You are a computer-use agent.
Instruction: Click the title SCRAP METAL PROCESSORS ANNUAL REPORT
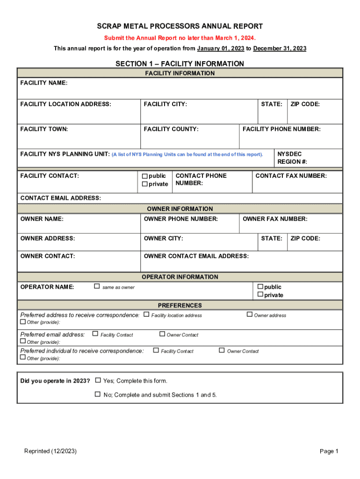[180, 27]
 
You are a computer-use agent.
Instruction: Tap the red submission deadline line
[180, 38]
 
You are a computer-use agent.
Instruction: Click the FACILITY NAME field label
[44, 83]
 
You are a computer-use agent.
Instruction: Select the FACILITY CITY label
[166, 104]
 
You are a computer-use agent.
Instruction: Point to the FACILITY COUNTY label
[171, 129]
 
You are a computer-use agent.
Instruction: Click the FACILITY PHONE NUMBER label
[281, 129]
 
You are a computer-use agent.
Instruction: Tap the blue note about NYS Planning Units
[187, 154]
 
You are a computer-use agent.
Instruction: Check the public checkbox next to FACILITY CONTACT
[145, 176]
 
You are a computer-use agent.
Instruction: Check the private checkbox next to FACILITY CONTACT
[145, 184]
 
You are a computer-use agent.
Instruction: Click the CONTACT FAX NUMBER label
[291, 176]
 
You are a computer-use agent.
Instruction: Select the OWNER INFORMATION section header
[180, 209]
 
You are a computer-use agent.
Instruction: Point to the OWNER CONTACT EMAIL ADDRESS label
[196, 256]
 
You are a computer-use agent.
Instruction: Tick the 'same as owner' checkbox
[97, 286]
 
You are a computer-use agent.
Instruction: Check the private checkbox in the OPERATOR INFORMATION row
[260, 295]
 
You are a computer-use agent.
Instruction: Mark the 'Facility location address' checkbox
[146, 314]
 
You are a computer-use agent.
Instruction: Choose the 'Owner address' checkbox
[250, 314]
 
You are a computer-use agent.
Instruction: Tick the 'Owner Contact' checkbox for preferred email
[162, 334]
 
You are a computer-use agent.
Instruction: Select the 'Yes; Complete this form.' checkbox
[98, 380]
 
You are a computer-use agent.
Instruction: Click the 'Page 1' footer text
[329, 451]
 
